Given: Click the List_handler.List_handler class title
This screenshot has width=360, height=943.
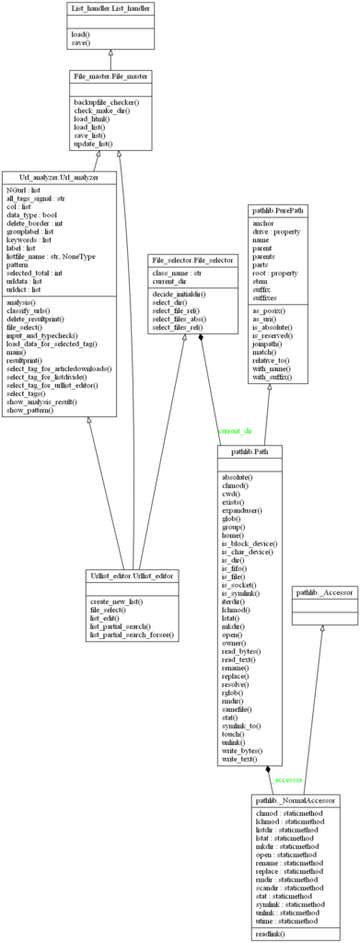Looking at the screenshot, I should click(x=110, y=9).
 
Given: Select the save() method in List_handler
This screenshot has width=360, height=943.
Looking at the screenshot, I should click(x=80, y=41).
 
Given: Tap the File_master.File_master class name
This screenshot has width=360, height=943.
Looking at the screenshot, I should click(x=110, y=76).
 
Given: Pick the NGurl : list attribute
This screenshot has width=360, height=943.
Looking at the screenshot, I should click(x=23, y=190).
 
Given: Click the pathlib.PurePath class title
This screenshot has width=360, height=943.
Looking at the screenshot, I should click(x=277, y=210).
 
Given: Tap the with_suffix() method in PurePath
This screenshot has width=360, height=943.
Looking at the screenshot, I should click(x=272, y=377).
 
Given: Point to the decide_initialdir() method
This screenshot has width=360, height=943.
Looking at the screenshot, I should click(x=180, y=293).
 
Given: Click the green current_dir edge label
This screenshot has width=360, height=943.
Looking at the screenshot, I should click(x=236, y=431).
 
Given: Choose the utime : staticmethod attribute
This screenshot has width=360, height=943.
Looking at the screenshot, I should click(x=286, y=920).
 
